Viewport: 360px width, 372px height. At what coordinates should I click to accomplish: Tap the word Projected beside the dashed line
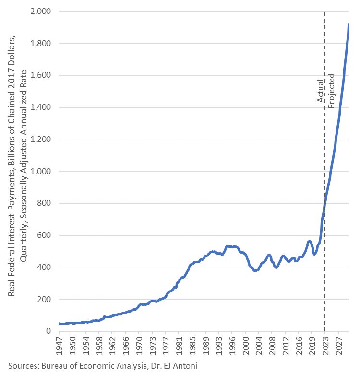tap(331, 91)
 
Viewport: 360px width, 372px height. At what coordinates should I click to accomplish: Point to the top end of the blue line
tap(349, 24)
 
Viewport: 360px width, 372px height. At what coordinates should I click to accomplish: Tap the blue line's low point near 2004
tap(256, 270)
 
